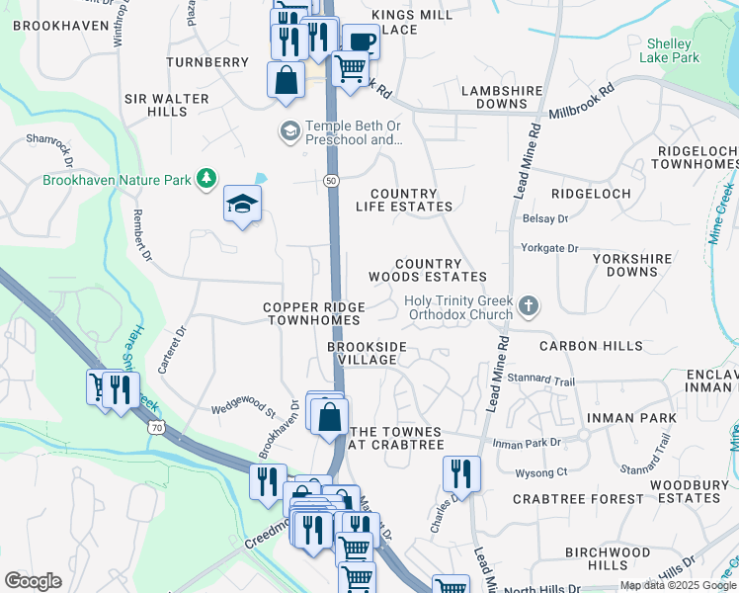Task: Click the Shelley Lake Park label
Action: [673, 50]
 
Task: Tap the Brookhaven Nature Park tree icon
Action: [206, 179]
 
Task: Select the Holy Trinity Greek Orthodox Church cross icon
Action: [529, 306]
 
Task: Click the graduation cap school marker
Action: [242, 205]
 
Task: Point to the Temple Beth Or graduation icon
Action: [289, 131]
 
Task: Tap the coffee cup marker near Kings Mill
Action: [362, 42]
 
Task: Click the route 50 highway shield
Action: [331, 179]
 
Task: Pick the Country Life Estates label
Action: [411, 200]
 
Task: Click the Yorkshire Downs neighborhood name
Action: [632, 264]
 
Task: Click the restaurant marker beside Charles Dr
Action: [461, 473]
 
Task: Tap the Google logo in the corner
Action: [33, 581]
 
